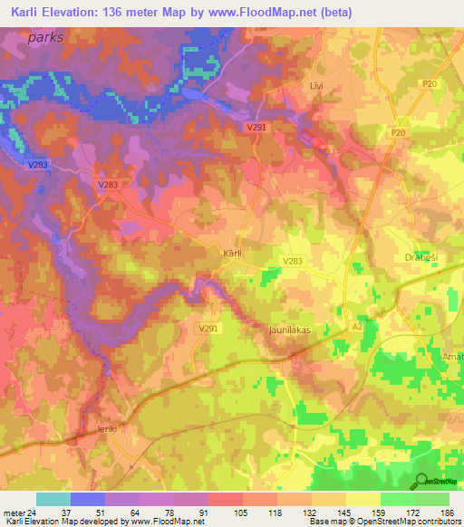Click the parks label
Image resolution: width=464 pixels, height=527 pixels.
[47, 38]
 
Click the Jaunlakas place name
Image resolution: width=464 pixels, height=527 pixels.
[289, 331]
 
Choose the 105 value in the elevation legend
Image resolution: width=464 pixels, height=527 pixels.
[224, 513]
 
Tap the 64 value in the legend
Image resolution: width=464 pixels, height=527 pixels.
[121, 513]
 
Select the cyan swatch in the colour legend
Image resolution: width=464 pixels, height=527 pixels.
[53, 499]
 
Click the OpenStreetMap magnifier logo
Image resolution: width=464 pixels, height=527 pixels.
[422, 480]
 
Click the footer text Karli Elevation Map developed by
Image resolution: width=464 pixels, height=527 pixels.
[63, 522]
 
